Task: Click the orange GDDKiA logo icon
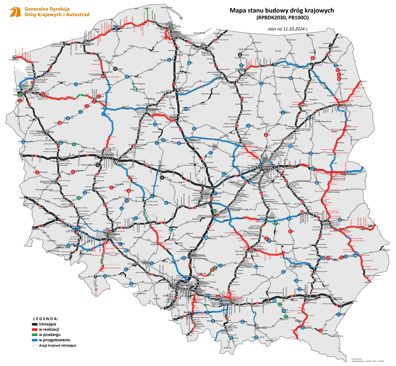(x=15, y=12)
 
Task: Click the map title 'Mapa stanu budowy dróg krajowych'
(x=281, y=10)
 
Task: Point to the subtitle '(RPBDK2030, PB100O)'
(x=282, y=18)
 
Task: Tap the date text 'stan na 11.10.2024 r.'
(x=288, y=29)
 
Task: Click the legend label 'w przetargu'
(x=50, y=335)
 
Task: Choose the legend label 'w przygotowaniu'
(x=55, y=340)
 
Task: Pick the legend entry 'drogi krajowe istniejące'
(x=57, y=345)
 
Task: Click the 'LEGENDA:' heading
(x=46, y=319)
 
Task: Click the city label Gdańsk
(x=176, y=32)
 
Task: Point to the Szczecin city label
(x=26, y=86)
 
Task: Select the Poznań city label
(x=109, y=155)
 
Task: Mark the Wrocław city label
(x=115, y=234)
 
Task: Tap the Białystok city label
(x=346, y=105)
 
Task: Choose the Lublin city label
(x=326, y=224)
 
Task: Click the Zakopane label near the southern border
(x=228, y=347)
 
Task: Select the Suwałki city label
(x=334, y=47)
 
